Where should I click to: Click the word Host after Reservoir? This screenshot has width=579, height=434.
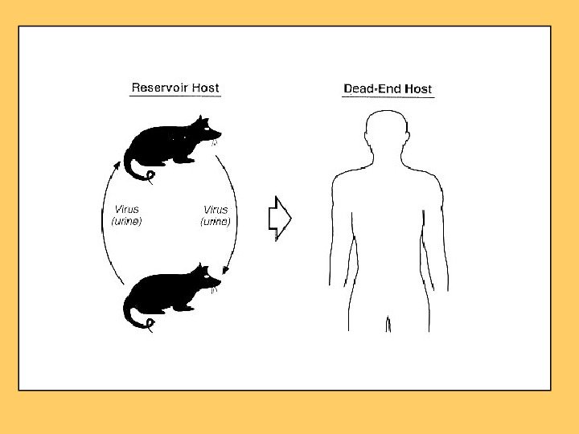click(205, 88)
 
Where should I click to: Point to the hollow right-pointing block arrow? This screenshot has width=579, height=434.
click(279, 218)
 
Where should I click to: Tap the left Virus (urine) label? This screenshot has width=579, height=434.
click(126, 216)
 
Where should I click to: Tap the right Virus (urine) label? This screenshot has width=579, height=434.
click(216, 216)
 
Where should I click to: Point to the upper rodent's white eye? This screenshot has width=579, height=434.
click(207, 129)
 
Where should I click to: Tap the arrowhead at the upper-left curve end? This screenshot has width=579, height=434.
click(118, 166)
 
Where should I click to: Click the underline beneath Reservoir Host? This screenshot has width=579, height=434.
click(175, 96)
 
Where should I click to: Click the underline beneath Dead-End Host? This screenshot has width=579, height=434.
click(388, 98)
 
